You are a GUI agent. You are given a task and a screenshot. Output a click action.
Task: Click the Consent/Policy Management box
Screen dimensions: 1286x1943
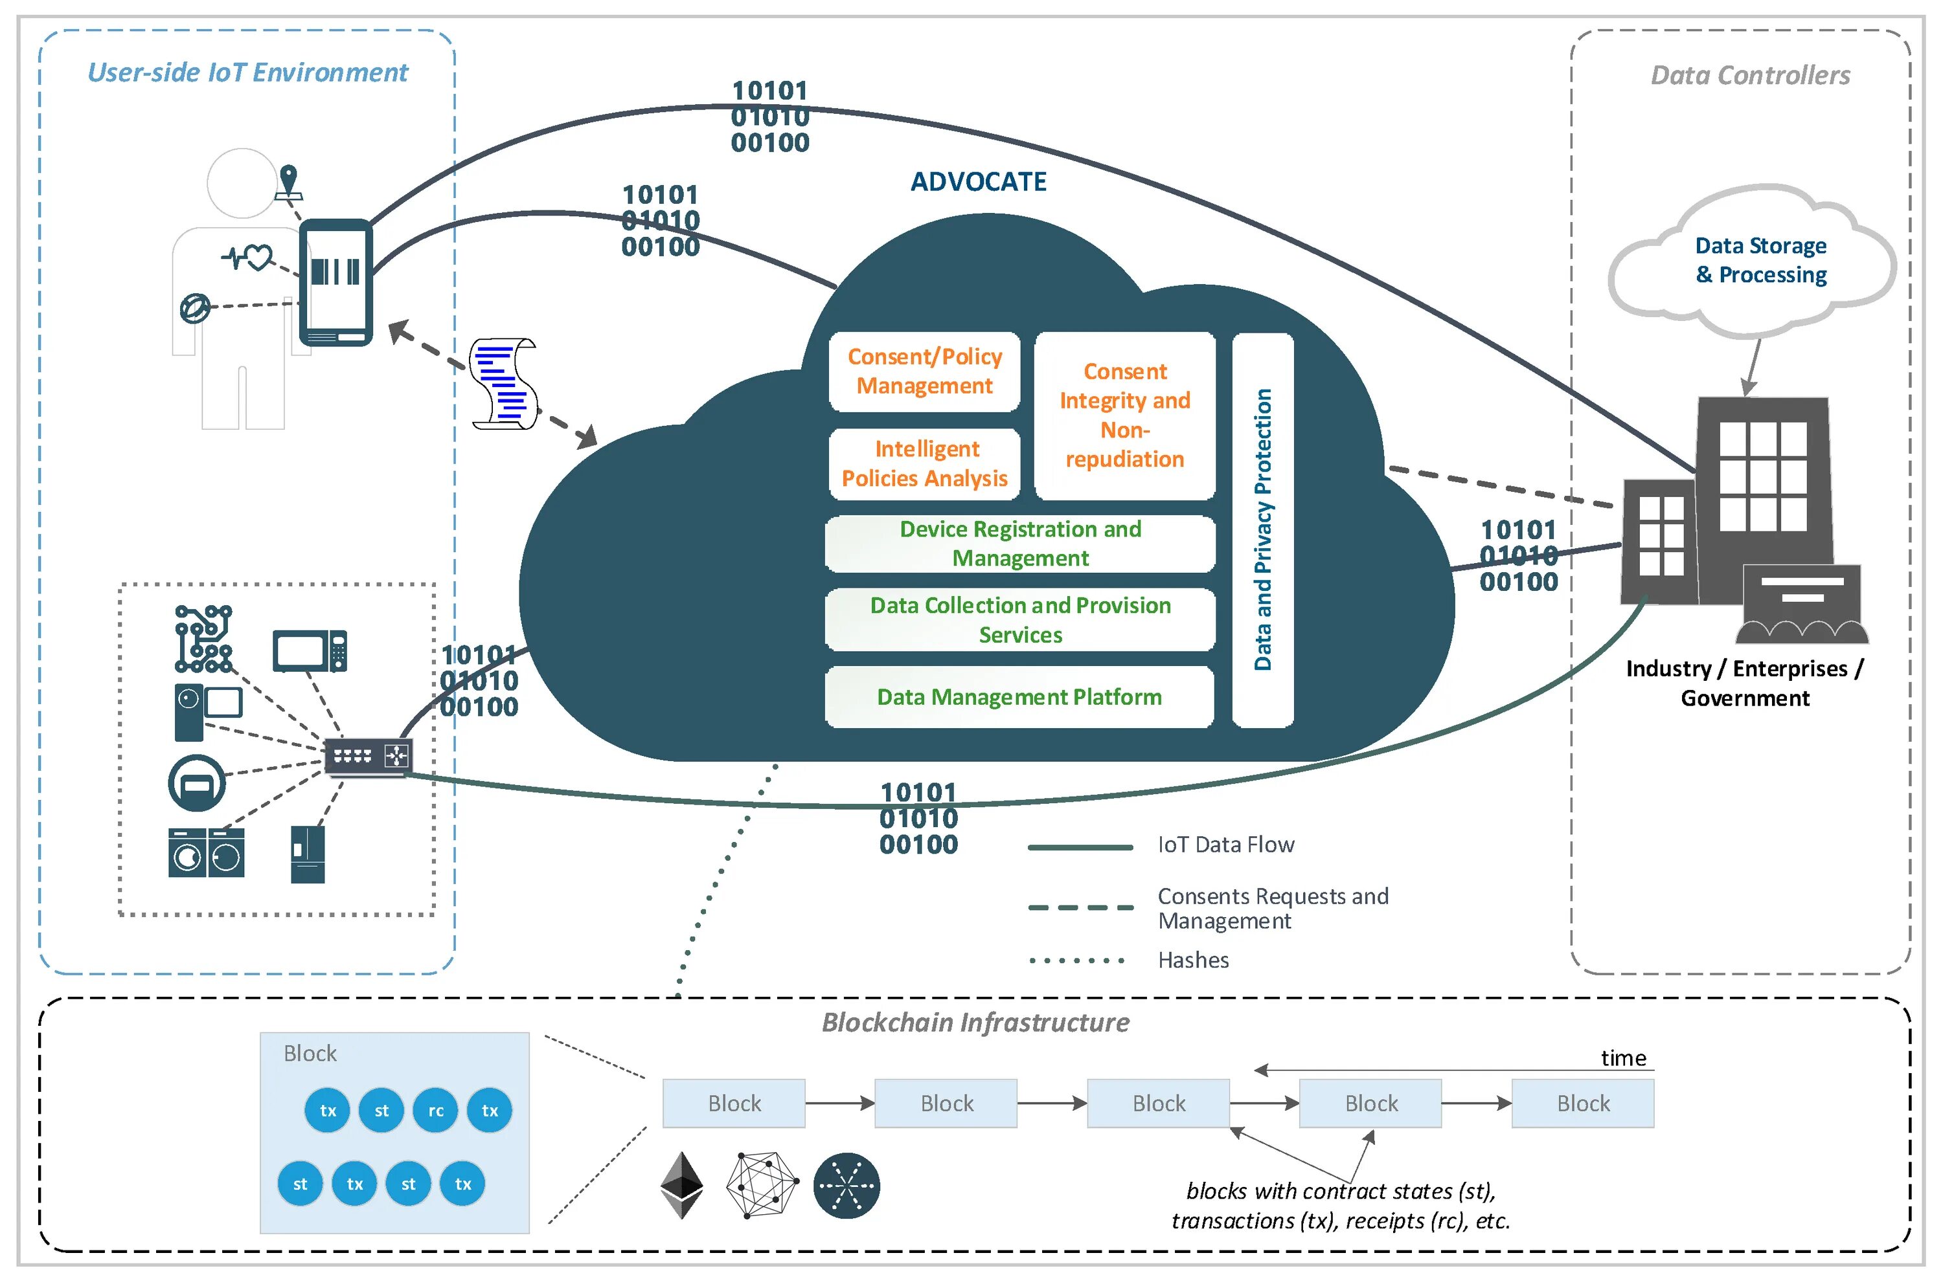tap(924, 371)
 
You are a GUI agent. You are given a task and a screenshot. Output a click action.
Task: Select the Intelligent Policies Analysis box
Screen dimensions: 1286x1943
tap(925, 464)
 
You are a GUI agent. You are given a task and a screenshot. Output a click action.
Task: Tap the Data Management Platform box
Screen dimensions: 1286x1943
tap(1018, 697)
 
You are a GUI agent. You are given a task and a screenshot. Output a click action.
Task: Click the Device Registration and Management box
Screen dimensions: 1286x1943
tap(1019, 544)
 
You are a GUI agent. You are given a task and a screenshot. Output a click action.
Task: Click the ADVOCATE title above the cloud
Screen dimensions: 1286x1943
tap(978, 182)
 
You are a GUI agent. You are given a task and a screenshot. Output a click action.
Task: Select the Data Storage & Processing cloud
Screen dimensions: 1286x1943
tap(1759, 261)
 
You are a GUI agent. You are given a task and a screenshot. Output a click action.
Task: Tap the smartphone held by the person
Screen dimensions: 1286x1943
tap(335, 282)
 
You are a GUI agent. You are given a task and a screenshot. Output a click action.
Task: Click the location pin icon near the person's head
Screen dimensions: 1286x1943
tap(288, 182)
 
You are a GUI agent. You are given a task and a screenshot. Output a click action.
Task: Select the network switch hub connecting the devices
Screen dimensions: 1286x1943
tap(368, 756)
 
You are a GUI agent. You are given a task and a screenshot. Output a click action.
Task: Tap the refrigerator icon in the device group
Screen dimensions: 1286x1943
tap(308, 854)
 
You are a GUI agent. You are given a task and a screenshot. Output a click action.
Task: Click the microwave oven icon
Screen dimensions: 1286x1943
tap(310, 651)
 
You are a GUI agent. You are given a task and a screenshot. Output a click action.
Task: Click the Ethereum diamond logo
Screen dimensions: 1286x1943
tap(682, 1185)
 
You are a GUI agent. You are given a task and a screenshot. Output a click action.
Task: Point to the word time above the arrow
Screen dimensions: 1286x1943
tap(1623, 1059)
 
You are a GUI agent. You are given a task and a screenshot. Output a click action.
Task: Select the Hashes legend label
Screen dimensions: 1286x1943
tap(1193, 960)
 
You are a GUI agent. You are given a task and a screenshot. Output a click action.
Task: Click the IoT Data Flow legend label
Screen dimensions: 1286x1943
tap(1225, 845)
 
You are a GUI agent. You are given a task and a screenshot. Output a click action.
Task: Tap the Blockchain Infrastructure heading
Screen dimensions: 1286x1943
tap(975, 1023)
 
